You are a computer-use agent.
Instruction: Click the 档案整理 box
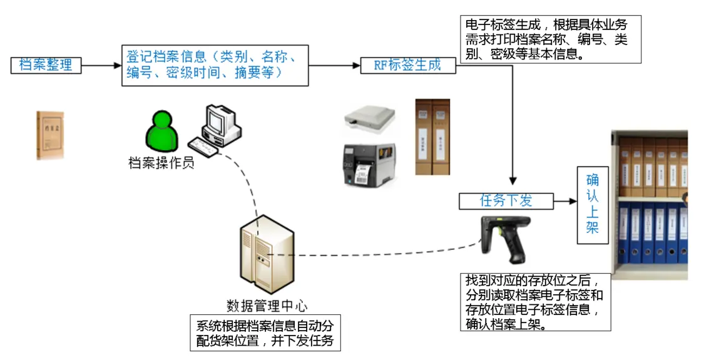[x=46, y=65]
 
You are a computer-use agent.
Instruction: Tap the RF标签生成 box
[x=409, y=65]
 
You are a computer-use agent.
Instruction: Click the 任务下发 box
[x=506, y=201]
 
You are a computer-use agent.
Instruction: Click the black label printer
[x=369, y=165]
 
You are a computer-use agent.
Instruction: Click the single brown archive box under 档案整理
[x=49, y=135]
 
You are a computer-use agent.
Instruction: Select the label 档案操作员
[x=161, y=163]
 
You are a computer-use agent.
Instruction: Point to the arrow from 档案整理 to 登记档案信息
[x=100, y=65]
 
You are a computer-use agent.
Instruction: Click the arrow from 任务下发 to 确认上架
[x=564, y=201]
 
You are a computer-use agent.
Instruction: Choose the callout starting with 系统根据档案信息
[x=265, y=333]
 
